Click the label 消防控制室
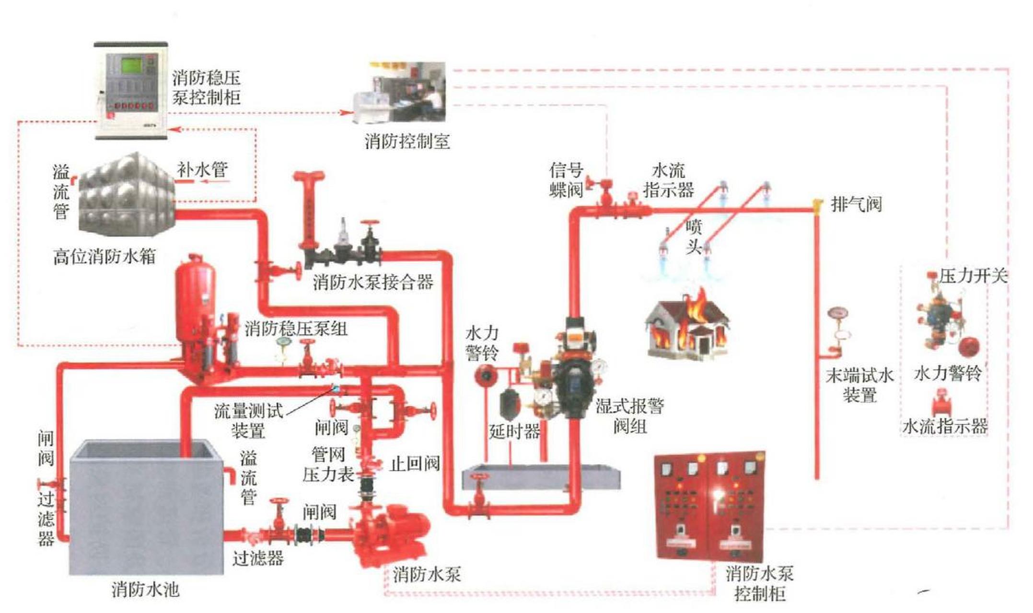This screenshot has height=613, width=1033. point(407,141)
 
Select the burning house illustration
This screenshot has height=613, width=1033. point(687,326)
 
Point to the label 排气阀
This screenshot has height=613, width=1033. point(856,204)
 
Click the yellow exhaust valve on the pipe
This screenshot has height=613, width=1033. point(818,205)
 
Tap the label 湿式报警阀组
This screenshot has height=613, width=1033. point(629,416)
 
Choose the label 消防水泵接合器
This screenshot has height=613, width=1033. point(373,282)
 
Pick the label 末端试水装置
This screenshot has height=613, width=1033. point(859,386)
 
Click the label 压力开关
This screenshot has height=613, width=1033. point(973,276)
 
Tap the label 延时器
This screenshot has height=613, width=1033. point(514,431)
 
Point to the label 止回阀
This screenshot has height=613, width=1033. point(415,464)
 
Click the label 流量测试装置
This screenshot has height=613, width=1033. point(248,420)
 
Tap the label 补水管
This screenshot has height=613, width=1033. point(202,170)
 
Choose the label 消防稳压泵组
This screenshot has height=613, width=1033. point(296,329)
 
